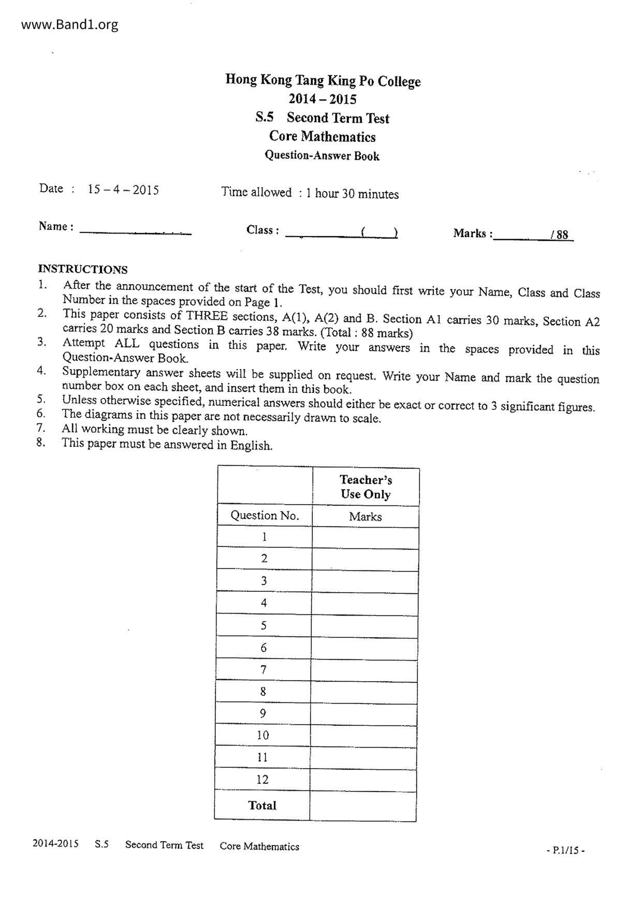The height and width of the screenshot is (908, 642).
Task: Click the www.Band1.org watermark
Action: [70, 25]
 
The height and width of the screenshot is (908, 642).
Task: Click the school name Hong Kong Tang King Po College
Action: [323, 81]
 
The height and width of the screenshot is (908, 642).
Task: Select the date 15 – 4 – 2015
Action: [123, 189]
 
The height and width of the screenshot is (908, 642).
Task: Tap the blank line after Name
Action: [135, 231]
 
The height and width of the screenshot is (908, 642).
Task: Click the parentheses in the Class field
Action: [380, 232]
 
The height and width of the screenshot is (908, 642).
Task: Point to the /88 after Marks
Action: [560, 235]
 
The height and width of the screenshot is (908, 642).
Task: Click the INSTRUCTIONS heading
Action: [83, 269]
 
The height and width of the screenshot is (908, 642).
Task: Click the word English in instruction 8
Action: [251, 445]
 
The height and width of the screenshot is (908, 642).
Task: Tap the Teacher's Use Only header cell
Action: [366, 487]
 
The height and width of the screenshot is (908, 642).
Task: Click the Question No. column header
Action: [265, 516]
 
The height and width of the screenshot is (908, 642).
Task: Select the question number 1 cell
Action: [265, 537]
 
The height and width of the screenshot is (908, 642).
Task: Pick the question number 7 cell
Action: [264, 669]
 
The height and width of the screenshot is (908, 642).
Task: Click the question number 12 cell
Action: [262, 779]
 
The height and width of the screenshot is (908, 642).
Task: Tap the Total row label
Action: [262, 805]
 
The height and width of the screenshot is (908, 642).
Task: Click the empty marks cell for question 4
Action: [365, 603]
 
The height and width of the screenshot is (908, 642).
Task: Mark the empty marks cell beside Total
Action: [363, 806]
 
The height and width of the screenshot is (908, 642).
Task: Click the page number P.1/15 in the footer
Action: [566, 850]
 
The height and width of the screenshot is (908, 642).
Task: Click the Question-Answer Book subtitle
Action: [322, 156]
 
